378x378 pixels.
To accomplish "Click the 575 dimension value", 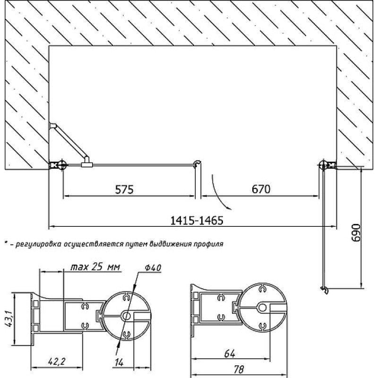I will click(124, 189).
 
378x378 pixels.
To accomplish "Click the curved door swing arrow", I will click(220, 194).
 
